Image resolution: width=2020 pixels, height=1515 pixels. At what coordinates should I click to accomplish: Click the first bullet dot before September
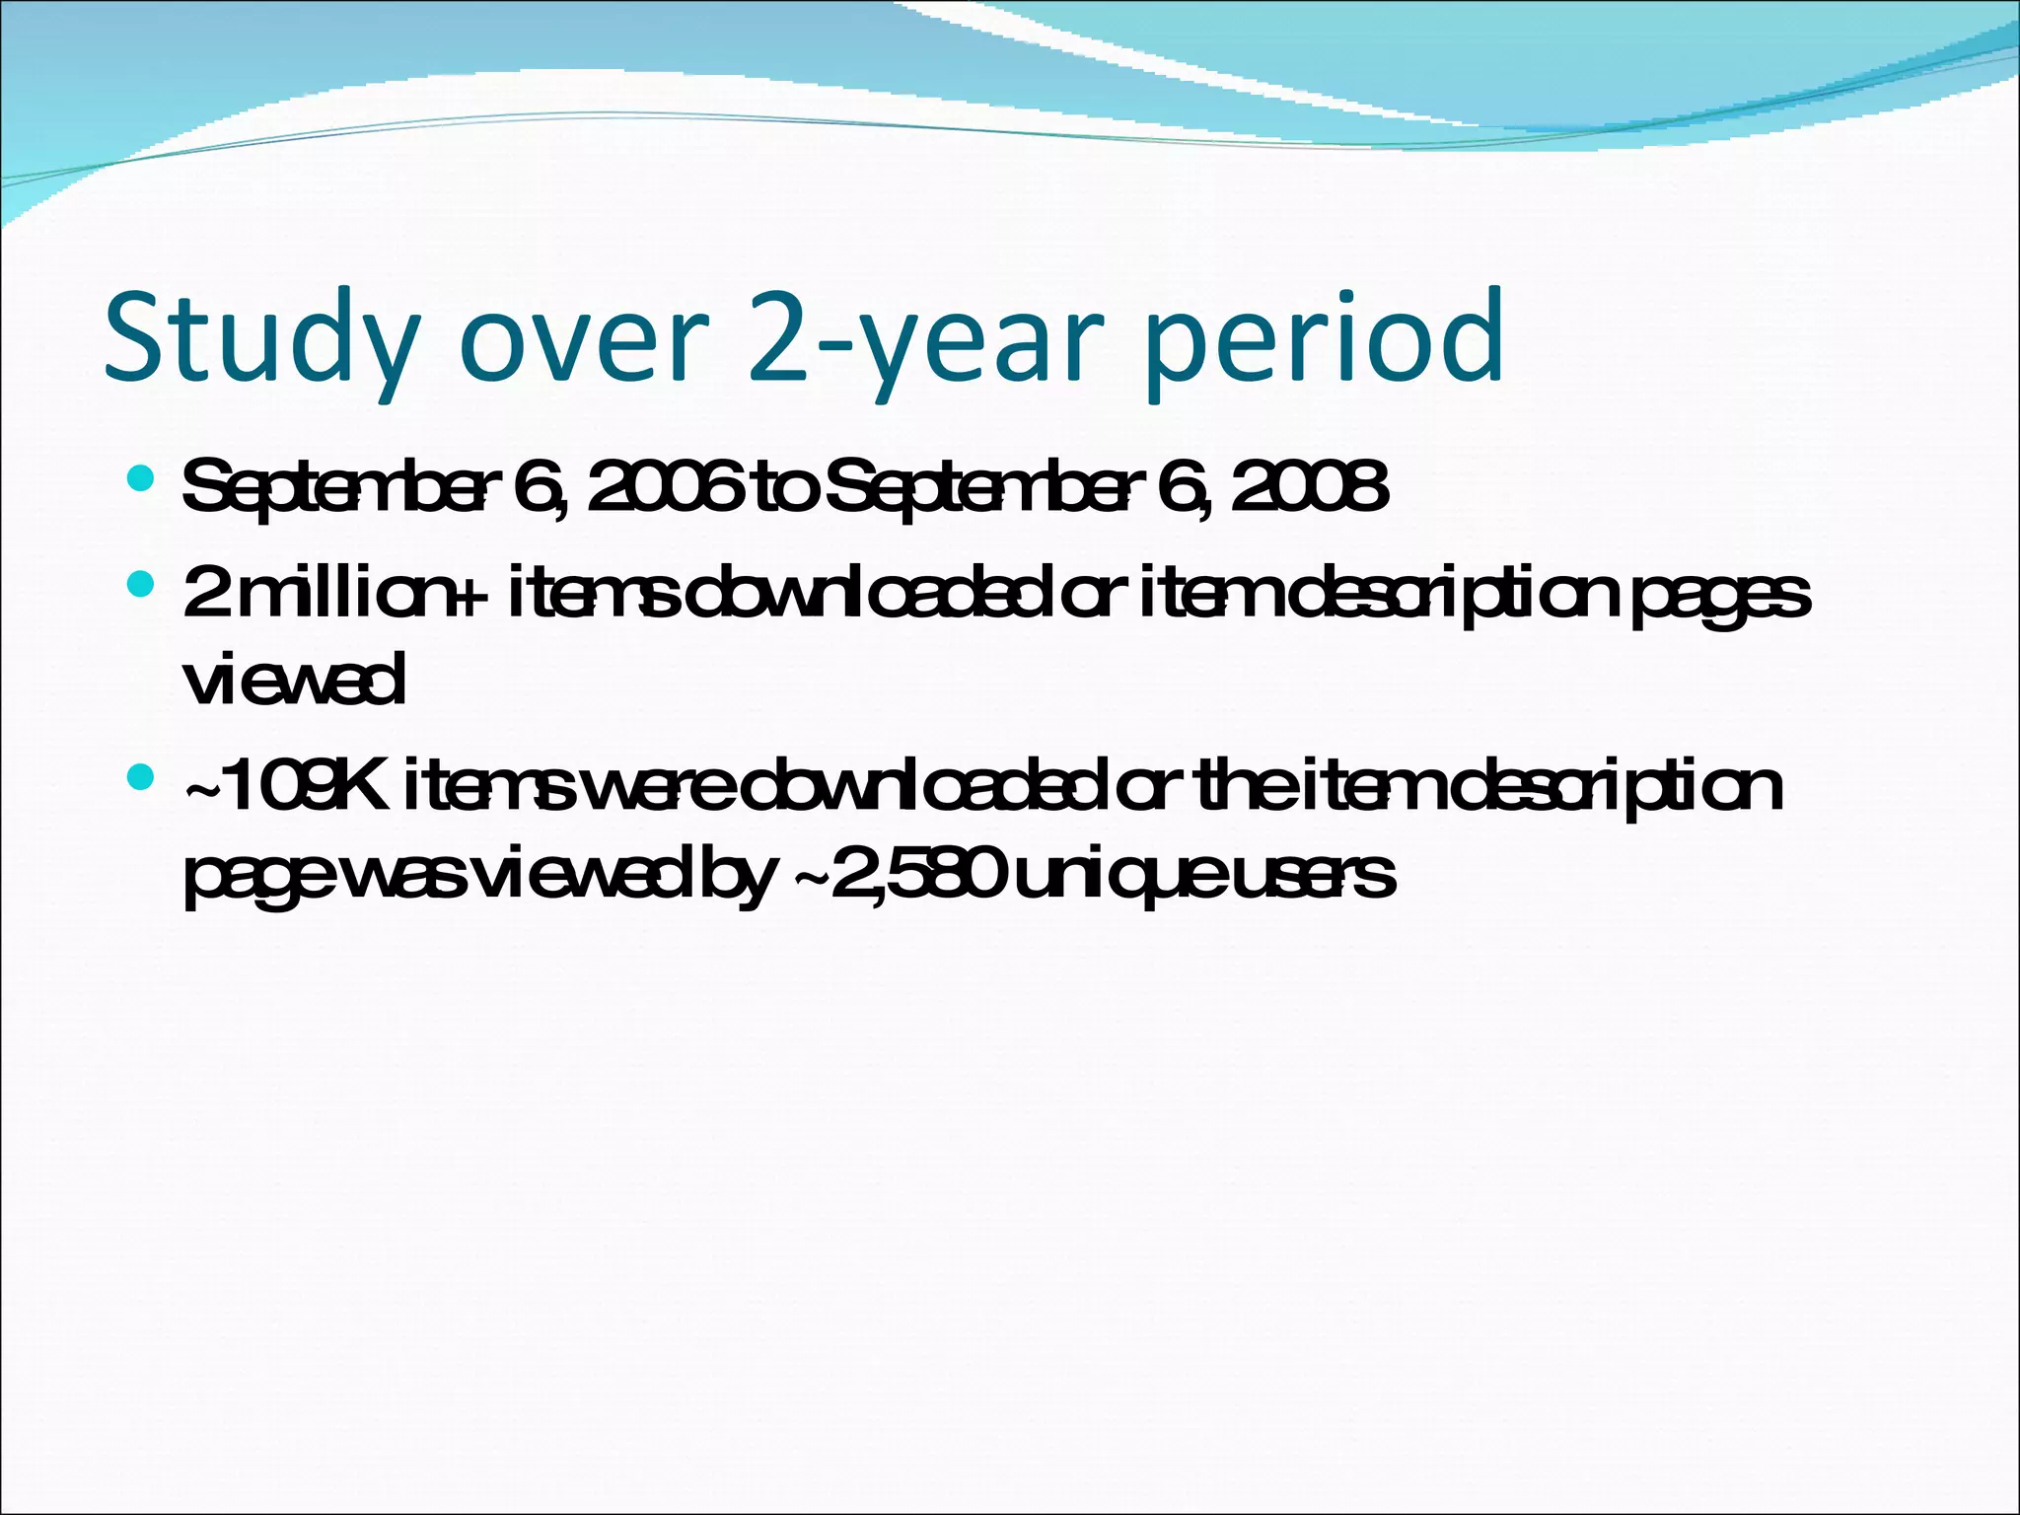[x=141, y=479]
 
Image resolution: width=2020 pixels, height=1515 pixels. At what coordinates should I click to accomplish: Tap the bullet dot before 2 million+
[x=141, y=584]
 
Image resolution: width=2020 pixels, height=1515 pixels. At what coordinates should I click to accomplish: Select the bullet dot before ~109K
[x=141, y=778]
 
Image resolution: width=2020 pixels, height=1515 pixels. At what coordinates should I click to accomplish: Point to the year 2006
[x=663, y=487]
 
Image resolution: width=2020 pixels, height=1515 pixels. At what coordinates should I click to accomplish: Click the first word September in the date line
[x=334, y=487]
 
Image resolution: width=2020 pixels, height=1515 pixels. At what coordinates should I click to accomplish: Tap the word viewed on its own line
[x=294, y=680]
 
